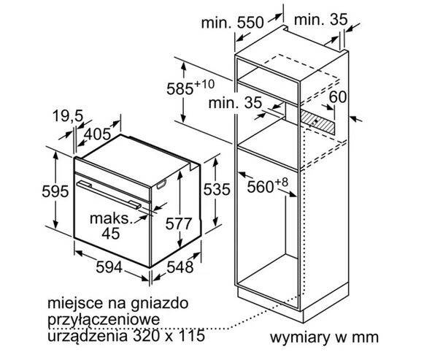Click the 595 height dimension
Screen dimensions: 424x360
[x=55, y=191]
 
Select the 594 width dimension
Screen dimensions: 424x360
[x=109, y=267]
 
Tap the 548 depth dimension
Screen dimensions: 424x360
[x=180, y=267]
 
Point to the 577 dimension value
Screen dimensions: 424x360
[x=179, y=223]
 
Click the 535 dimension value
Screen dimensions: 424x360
[x=217, y=189]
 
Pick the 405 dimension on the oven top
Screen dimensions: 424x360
[x=97, y=134]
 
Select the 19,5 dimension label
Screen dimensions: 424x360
[x=68, y=116]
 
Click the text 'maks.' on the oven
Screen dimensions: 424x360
[x=112, y=218]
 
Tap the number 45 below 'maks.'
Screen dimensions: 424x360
[x=111, y=233]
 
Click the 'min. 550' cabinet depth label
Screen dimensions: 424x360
[x=232, y=23]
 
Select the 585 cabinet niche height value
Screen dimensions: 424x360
[x=180, y=88]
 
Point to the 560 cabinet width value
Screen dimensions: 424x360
[x=261, y=187]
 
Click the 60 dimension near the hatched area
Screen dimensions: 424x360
[x=338, y=96]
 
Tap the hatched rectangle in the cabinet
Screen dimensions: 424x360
[x=318, y=122]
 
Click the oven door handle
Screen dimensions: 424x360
[x=109, y=195]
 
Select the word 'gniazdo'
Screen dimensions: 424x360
[x=160, y=304]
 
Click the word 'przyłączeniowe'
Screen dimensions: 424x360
[x=104, y=320]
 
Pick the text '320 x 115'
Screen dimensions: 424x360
[x=169, y=335]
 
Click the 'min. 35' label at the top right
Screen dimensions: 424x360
[x=320, y=20]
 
